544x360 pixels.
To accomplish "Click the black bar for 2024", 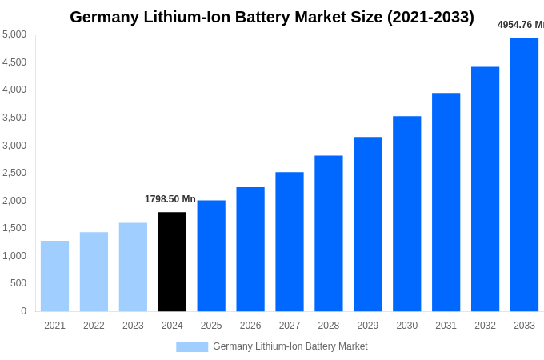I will (172, 262).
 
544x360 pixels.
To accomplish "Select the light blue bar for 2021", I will (54, 276).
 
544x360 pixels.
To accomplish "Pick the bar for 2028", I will (328, 234).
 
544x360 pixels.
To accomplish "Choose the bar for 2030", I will (406, 214).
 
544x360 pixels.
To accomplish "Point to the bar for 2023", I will (133, 267).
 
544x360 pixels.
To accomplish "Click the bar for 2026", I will (250, 249).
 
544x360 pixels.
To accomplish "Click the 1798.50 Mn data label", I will (170, 199).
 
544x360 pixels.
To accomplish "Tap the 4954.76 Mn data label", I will (520, 25).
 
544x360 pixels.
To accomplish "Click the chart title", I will (272, 17).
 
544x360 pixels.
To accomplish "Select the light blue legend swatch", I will (192, 347).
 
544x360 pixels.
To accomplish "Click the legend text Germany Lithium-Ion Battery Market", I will (290, 346).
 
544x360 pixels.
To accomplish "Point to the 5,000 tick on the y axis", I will (14, 34).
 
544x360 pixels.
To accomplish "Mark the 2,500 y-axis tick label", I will (14, 173).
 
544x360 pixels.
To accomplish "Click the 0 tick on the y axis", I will (23, 311).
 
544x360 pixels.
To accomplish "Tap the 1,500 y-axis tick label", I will (14, 228).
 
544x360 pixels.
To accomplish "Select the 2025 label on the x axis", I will (211, 326).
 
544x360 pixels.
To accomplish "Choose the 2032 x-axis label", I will (485, 326).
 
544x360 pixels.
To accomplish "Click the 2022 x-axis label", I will (94, 326).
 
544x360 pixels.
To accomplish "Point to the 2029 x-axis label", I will (367, 326).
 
